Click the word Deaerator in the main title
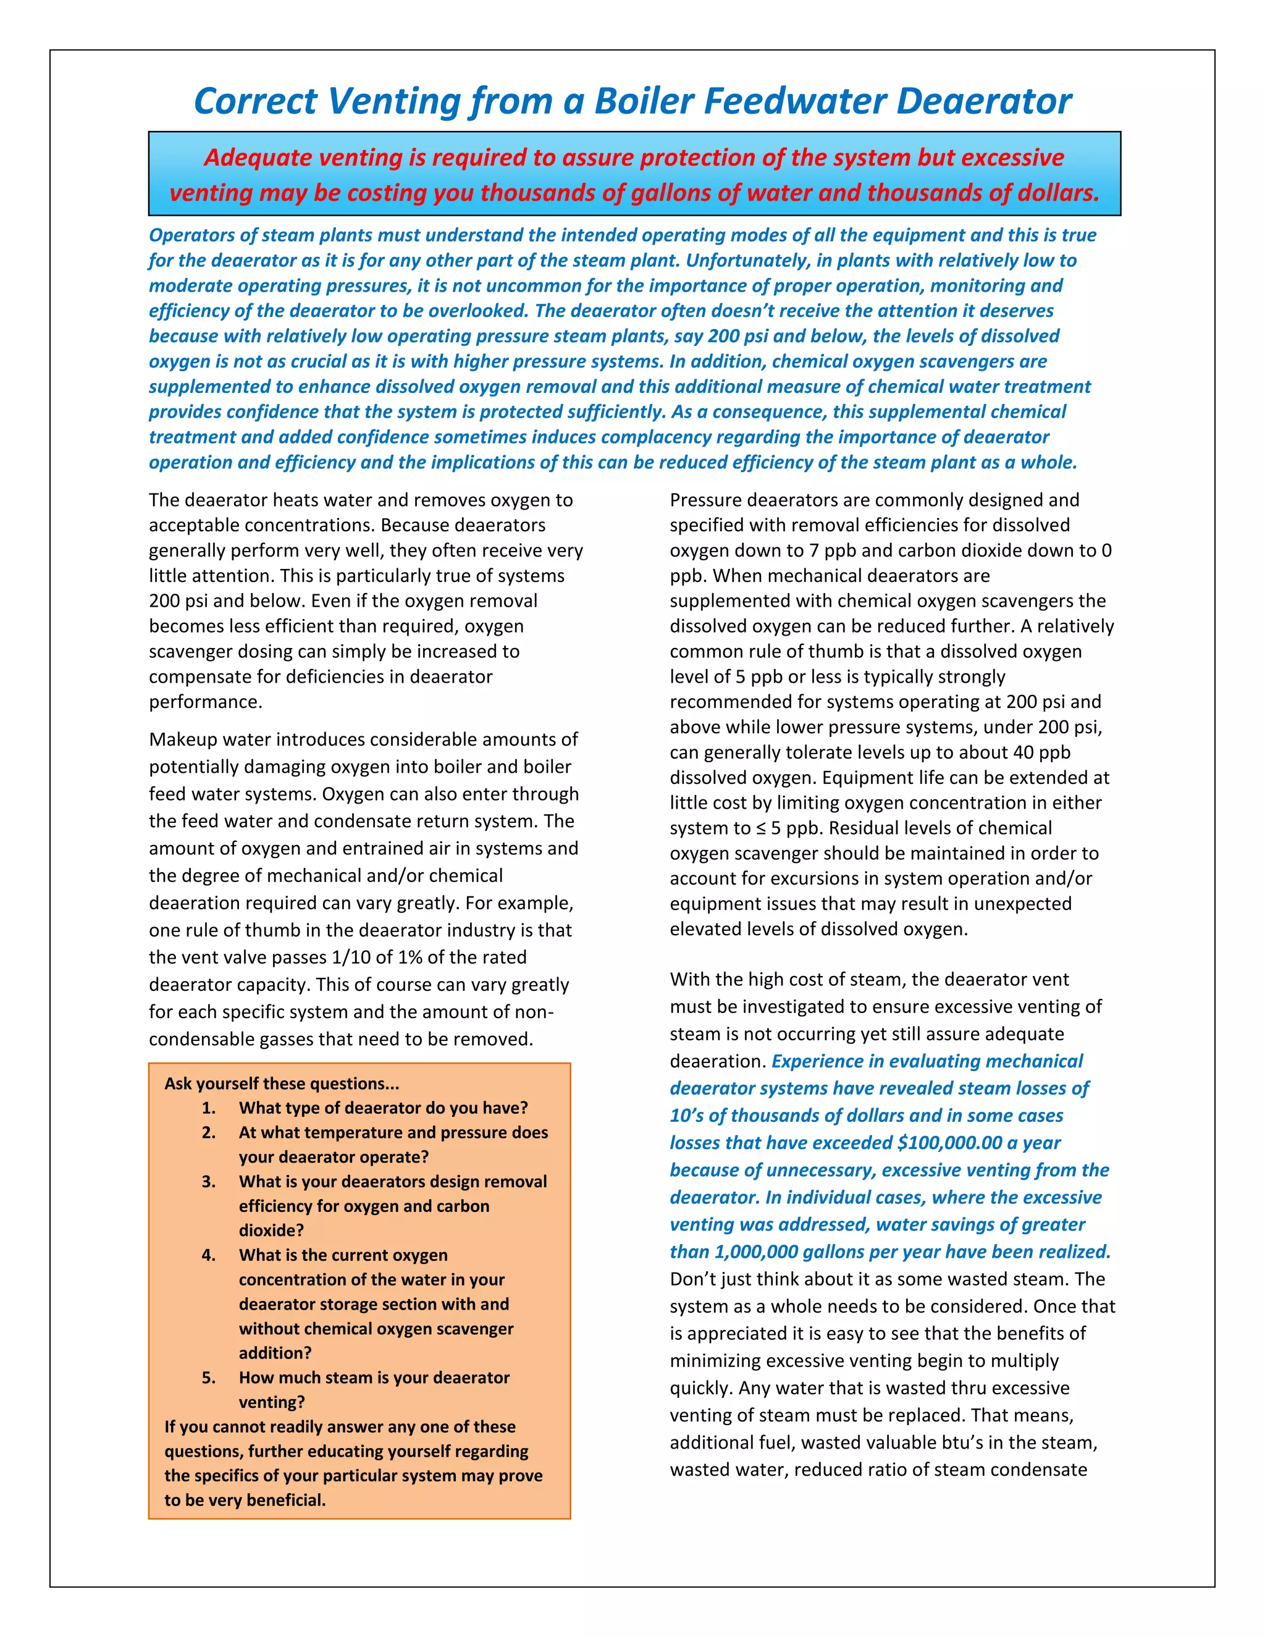983,101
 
